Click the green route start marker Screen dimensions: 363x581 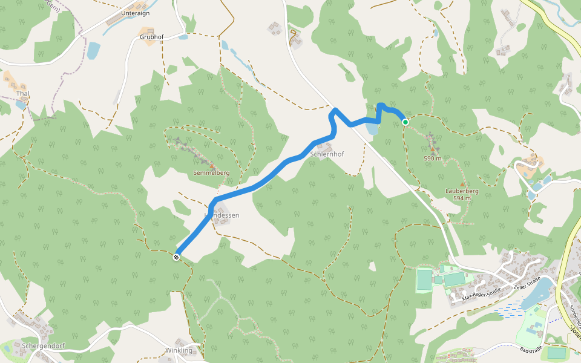point(405,122)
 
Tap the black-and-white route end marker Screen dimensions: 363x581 point(176,258)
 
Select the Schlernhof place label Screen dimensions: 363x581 point(327,154)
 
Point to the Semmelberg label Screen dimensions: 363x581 point(211,173)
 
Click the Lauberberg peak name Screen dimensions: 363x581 point(462,191)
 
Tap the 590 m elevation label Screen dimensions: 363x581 point(433,159)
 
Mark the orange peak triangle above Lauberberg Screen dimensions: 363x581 point(462,184)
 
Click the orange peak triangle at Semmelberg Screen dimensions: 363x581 point(211,166)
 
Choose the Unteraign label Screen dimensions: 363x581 point(135,13)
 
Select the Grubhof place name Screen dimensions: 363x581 point(151,37)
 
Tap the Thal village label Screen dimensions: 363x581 point(23,94)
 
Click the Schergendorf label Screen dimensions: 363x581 point(43,347)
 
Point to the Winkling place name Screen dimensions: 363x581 point(179,350)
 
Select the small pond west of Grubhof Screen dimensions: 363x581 point(93,50)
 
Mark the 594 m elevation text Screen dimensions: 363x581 point(462,198)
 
